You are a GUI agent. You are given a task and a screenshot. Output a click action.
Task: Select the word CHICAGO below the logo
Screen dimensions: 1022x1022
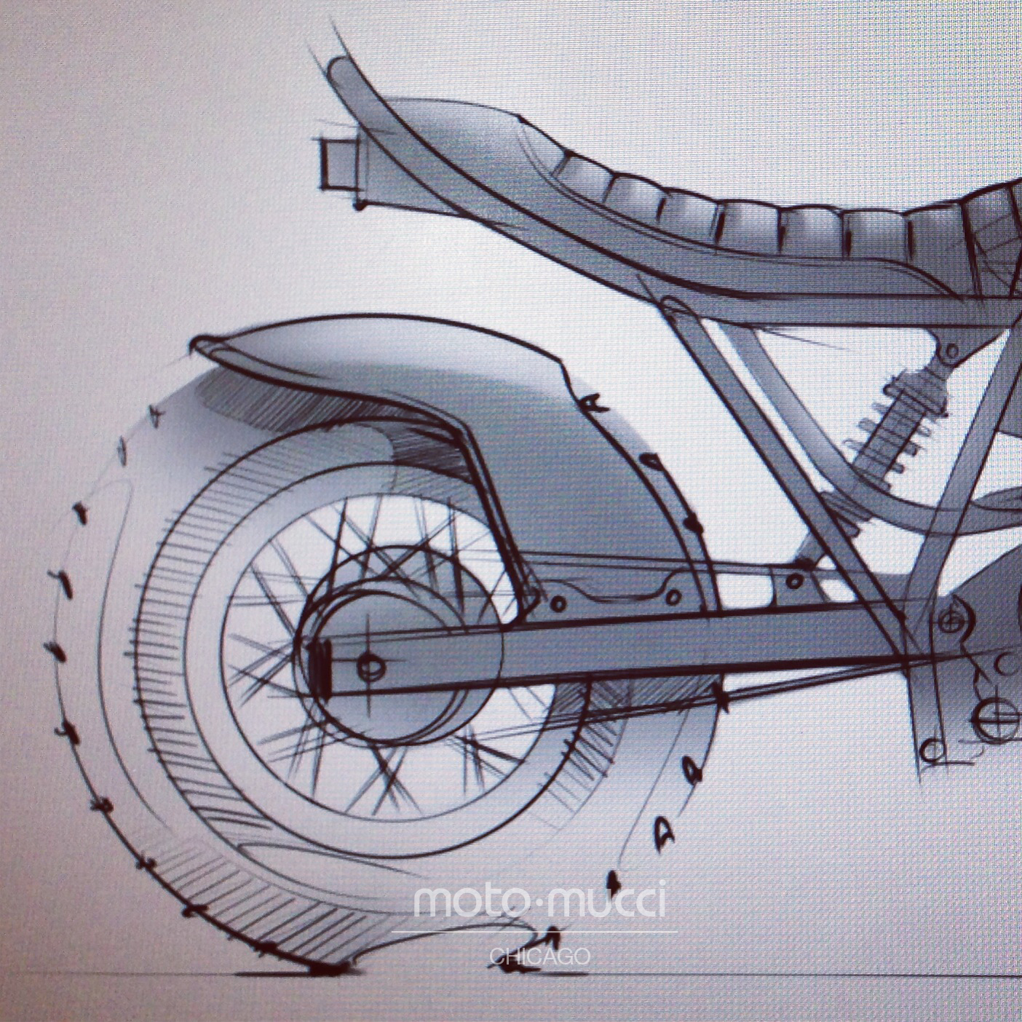click(539, 956)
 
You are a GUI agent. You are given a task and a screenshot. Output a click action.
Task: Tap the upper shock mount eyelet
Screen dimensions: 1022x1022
click(950, 352)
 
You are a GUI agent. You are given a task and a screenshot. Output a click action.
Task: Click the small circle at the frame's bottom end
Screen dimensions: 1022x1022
click(930, 749)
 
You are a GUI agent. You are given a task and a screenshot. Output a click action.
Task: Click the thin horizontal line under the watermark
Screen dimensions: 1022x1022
click(535, 932)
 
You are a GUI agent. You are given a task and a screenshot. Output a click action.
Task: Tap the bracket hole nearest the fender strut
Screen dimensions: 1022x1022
click(560, 603)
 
